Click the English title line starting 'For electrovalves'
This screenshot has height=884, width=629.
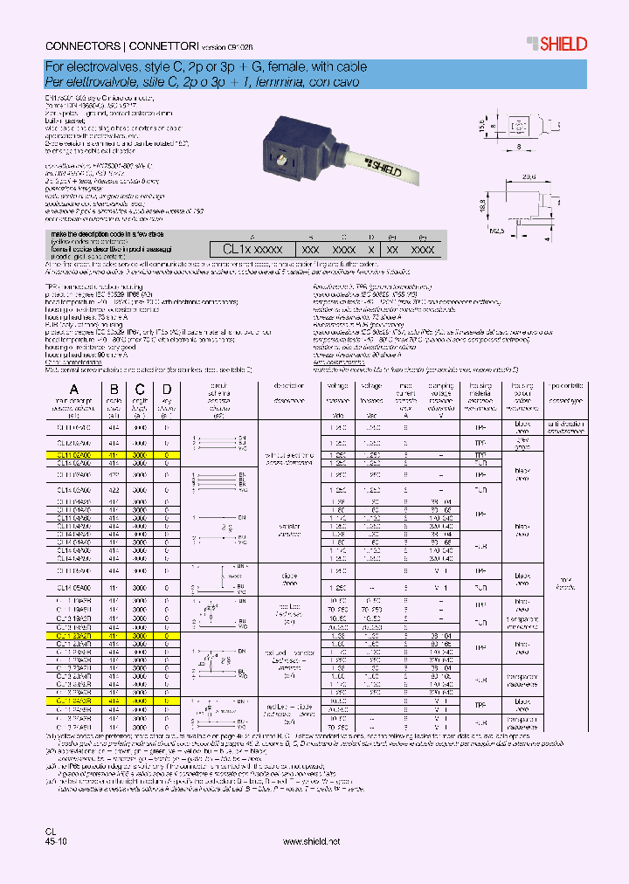205,66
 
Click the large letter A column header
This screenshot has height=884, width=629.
74,390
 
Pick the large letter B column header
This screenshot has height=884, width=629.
113,390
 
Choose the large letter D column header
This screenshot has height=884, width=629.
166,390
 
